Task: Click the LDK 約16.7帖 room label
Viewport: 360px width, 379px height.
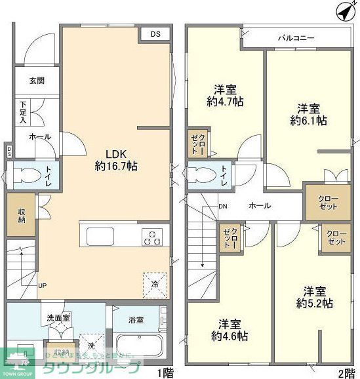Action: (x=115, y=160)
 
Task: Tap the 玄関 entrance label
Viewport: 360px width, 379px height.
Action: (x=37, y=81)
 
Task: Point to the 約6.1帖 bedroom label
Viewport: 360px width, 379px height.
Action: (x=309, y=114)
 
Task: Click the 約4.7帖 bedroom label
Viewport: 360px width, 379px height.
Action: (x=225, y=95)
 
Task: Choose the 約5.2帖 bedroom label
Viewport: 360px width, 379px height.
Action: (x=314, y=297)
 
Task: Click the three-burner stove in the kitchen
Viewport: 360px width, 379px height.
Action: (x=153, y=237)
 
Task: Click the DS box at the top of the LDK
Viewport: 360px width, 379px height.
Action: (x=154, y=33)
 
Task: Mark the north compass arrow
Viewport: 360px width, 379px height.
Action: (x=343, y=11)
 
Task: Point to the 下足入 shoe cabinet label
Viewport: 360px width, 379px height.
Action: (x=23, y=112)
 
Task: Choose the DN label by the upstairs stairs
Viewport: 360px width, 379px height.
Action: (x=223, y=206)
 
